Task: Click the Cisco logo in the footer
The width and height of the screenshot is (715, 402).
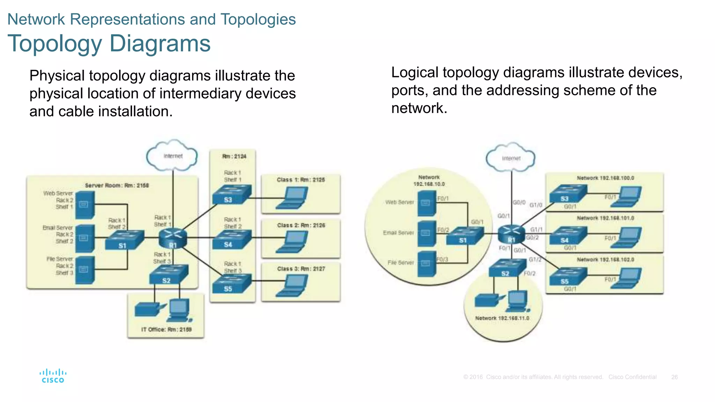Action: click(53, 376)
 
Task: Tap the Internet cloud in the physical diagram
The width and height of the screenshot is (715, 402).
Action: click(172, 156)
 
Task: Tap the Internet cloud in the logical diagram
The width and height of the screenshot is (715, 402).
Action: click(511, 158)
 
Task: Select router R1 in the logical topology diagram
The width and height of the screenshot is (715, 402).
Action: click(511, 234)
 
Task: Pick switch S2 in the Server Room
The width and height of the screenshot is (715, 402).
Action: click(168, 275)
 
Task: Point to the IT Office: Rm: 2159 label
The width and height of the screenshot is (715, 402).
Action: click(166, 329)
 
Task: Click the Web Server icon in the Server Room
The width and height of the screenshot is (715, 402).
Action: click(84, 205)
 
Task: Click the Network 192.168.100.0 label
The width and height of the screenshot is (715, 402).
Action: click(605, 178)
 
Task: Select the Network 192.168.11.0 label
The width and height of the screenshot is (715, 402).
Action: click(502, 318)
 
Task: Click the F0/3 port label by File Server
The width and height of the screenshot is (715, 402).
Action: click(442, 260)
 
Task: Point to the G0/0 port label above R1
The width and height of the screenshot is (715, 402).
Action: click(519, 202)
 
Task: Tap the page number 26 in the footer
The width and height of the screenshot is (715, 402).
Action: click(674, 377)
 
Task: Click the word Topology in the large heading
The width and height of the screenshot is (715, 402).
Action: click(54, 44)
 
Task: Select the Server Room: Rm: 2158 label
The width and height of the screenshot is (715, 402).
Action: click(117, 185)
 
